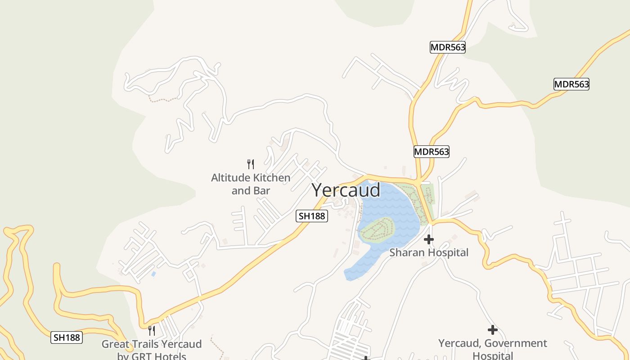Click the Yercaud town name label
click(x=346, y=190)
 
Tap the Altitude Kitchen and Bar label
click(x=251, y=184)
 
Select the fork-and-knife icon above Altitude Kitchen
click(x=251, y=164)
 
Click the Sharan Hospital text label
click(x=429, y=252)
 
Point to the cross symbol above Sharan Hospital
click(x=429, y=239)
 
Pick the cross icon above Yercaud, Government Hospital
click(x=493, y=330)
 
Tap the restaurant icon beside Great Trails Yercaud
click(x=152, y=331)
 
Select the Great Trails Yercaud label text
click(x=152, y=345)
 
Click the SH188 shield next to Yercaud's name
click(x=312, y=216)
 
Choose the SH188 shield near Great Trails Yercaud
click(x=67, y=337)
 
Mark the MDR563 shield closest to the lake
click(x=432, y=152)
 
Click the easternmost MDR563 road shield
click(x=571, y=84)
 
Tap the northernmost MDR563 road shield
click(x=447, y=47)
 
